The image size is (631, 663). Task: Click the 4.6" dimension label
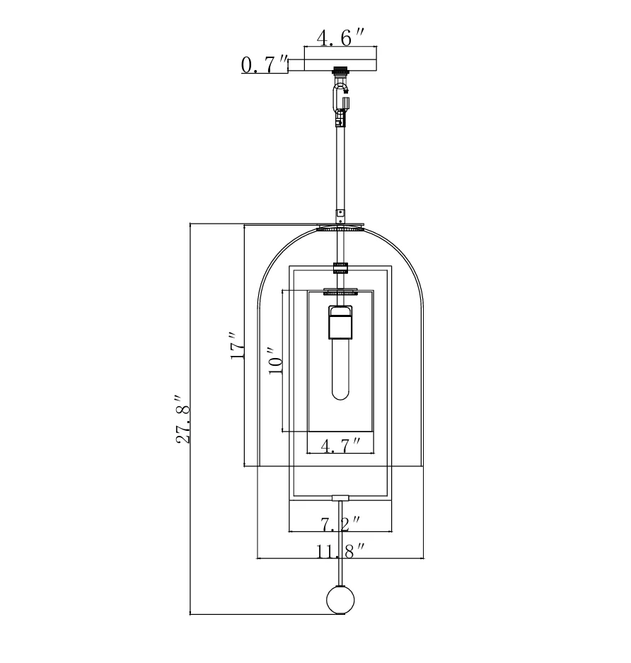point(340,38)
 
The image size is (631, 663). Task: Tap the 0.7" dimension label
point(265,64)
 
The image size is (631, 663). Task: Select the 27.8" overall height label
point(183,419)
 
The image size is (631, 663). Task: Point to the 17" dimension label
point(237,345)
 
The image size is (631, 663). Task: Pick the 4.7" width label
point(340,446)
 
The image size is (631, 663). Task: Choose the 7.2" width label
point(340,524)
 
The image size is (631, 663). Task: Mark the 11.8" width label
point(340,551)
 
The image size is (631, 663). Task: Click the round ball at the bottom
point(340,599)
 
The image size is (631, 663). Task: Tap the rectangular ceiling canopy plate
point(340,59)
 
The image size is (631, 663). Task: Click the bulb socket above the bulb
point(340,321)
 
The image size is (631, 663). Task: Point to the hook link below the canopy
point(340,96)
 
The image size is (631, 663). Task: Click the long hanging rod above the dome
point(340,168)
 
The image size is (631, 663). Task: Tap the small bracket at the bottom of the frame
point(340,498)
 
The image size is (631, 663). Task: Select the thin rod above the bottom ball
point(340,543)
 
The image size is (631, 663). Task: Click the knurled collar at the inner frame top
point(340,268)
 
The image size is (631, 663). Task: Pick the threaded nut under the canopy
point(340,71)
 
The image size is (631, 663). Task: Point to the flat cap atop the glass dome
point(340,227)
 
